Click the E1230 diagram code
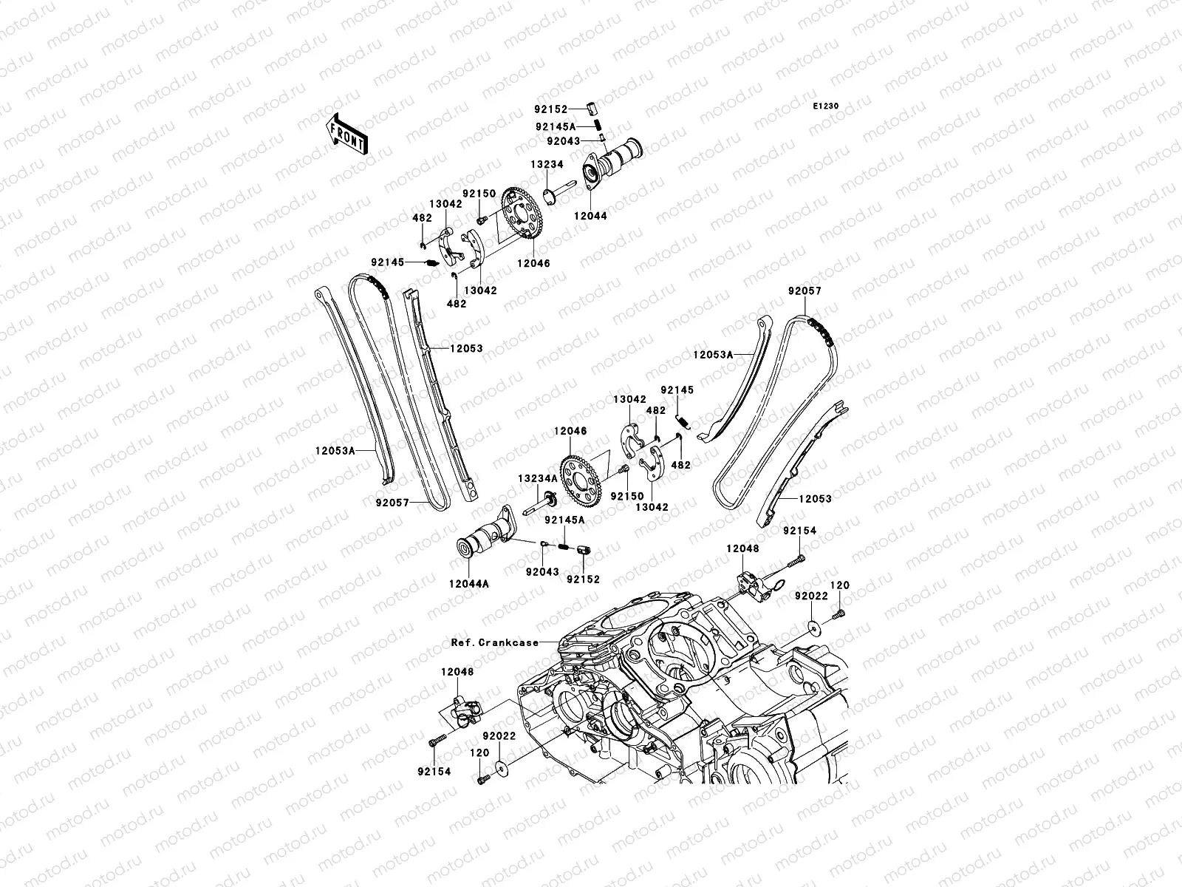pyautogui.click(x=826, y=106)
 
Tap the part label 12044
pyautogui.click(x=590, y=216)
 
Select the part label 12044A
pyautogui.click(x=468, y=583)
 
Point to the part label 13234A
pyautogui.click(x=537, y=478)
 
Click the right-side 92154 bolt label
pyautogui.click(x=799, y=531)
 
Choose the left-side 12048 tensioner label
pyautogui.click(x=457, y=672)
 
